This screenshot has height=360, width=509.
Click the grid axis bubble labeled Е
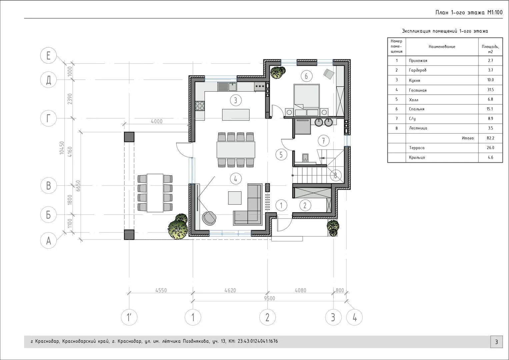click(48, 55)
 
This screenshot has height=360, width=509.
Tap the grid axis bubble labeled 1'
click(129, 317)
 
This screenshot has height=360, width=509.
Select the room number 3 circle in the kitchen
click(236, 100)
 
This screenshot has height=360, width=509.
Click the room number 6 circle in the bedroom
click(306, 76)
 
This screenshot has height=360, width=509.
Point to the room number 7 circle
click(324, 141)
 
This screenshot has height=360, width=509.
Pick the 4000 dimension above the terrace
click(157, 121)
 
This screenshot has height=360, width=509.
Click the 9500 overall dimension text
click(269, 298)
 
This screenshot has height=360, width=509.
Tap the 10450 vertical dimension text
click(62, 148)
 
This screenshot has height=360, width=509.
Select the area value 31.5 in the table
click(490, 90)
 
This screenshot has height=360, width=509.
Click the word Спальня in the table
click(417, 109)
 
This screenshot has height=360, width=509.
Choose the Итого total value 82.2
click(491, 138)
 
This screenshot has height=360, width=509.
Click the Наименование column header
click(442, 47)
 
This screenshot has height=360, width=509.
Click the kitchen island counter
click(236, 115)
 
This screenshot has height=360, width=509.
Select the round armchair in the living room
click(209, 218)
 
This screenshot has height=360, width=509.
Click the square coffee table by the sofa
click(235, 198)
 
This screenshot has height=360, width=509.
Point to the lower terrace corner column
click(129, 235)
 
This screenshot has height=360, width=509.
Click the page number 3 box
click(496, 342)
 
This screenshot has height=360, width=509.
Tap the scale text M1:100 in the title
click(495, 13)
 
